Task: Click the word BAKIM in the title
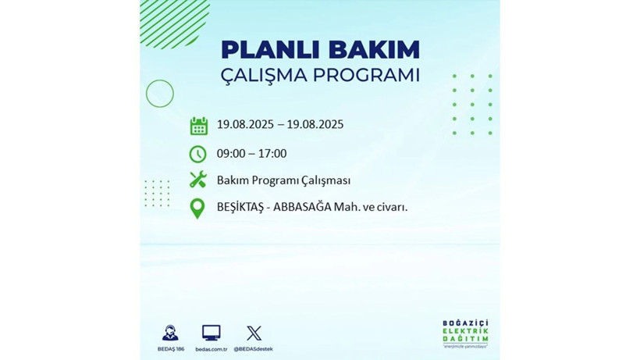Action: point(373,49)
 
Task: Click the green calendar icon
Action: point(198,126)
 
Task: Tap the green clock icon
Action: point(198,154)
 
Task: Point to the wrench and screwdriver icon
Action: point(198,180)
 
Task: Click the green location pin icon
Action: point(198,209)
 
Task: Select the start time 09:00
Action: point(232,154)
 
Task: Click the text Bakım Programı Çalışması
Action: point(283,180)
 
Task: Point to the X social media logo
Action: point(254,333)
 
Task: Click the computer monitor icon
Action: point(211,333)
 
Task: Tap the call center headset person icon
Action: point(169,333)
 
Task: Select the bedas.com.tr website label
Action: point(211,348)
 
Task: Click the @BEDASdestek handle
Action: point(254,348)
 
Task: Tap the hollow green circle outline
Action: point(159,94)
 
